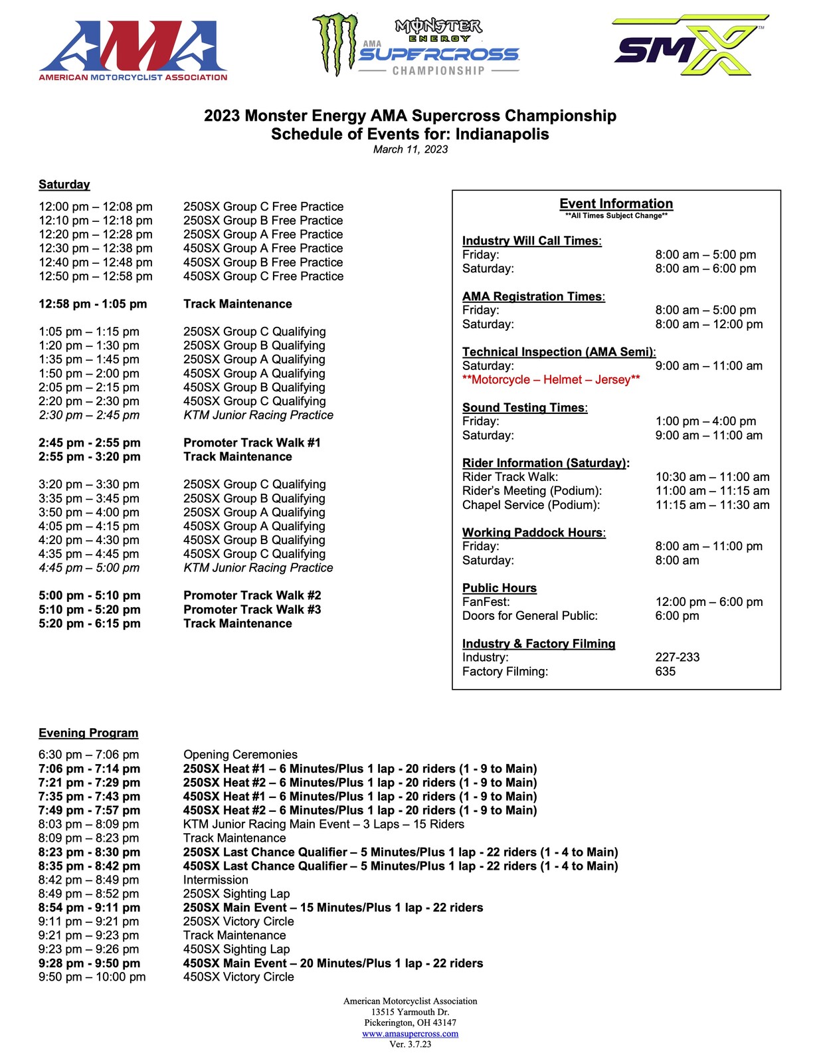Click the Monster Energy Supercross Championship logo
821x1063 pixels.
pyautogui.click(x=416, y=46)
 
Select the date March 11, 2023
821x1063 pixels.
pyautogui.click(x=410, y=149)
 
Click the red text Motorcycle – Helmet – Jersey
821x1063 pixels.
pyautogui.click(x=551, y=379)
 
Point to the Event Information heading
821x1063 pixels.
pyautogui.click(x=616, y=204)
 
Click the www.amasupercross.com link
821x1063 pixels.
pyautogui.click(x=410, y=1034)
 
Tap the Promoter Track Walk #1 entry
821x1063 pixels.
pyautogui.click(x=252, y=442)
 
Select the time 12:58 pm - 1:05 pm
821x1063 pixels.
pyautogui.click(x=92, y=304)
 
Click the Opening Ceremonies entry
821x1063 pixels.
pyautogui.click(x=240, y=755)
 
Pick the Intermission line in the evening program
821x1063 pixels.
pyautogui.click(x=216, y=880)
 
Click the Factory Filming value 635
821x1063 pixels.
pyautogui.click(x=665, y=671)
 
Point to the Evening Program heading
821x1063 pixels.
pyautogui.click(x=88, y=733)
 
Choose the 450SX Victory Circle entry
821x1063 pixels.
pyautogui.click(x=238, y=977)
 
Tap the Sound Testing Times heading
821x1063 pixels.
pyautogui.click(x=525, y=407)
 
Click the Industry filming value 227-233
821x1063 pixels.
pyautogui.click(x=677, y=657)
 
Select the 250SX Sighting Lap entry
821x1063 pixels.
pyautogui.click(x=236, y=894)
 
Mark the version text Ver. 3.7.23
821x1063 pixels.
pyautogui.click(x=410, y=1044)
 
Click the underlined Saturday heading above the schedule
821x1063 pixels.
pyautogui.click(x=64, y=185)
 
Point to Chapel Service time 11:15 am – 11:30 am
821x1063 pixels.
pyautogui.click(x=712, y=505)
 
